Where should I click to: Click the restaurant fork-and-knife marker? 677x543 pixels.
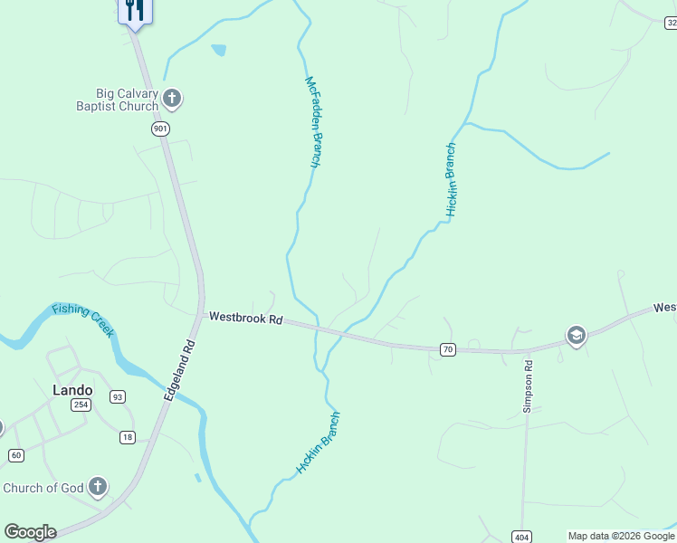click(135, 11)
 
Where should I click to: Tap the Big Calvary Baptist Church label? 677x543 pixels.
click(128, 100)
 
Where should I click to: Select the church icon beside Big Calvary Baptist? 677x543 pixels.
click(172, 98)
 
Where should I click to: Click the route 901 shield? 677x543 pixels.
click(160, 129)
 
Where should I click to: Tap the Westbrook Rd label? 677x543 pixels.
click(246, 319)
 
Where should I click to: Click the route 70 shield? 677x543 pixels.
click(447, 348)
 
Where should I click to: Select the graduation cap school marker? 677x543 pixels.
click(575, 337)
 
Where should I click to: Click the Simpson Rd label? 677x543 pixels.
click(528, 386)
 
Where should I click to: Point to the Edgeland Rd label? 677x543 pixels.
click(180, 371)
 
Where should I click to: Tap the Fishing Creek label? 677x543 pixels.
click(83, 319)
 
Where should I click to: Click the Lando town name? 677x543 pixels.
click(72, 390)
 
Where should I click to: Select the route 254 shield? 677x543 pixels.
click(81, 405)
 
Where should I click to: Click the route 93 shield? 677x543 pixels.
click(118, 397)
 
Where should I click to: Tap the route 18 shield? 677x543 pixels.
click(128, 437)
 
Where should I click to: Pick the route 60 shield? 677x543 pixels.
click(15, 455)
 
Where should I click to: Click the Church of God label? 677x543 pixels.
click(43, 488)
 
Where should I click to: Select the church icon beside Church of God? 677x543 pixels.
click(98, 488)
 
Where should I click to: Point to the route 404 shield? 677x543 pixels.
click(520, 536)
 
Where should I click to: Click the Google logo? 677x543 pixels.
click(30, 532)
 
